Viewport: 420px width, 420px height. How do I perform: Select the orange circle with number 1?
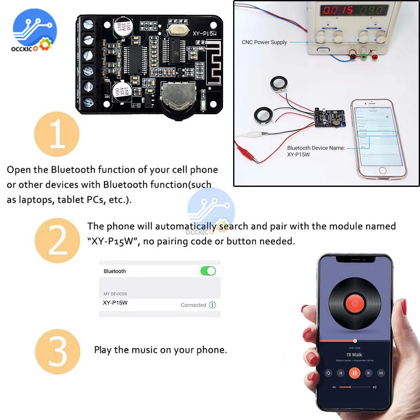(x=57, y=134)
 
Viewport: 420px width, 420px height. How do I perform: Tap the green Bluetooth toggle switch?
(x=208, y=271)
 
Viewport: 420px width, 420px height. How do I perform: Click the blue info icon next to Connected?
(x=213, y=305)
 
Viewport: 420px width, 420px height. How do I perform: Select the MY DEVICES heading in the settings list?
(x=115, y=294)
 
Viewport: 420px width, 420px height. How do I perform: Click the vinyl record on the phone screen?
(x=355, y=303)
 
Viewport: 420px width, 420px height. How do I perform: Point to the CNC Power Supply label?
(x=264, y=42)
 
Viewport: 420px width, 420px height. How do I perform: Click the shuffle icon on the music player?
(x=381, y=373)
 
